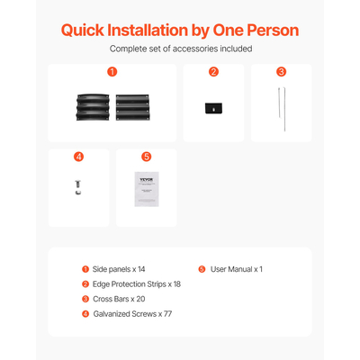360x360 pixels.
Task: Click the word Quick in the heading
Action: tap(83, 31)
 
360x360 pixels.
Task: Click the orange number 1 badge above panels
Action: tap(112, 72)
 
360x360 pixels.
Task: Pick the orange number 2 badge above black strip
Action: tap(213, 72)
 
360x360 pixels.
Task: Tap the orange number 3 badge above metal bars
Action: tap(282, 72)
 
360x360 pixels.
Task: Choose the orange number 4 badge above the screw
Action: tap(78, 157)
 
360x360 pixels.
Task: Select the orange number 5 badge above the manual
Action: tap(147, 157)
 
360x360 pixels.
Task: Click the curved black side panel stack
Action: tap(93, 107)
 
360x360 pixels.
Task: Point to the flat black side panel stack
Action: tap(132, 107)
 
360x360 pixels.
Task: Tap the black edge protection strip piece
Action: tap(213, 108)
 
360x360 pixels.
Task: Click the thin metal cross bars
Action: tap(282, 109)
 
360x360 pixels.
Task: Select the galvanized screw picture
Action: tap(78, 187)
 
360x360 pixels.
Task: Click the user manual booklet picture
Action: tap(147, 189)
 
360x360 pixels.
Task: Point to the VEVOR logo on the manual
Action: tap(147, 180)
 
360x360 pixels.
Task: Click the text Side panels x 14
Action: tap(119, 269)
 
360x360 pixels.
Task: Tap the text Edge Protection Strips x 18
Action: tap(137, 284)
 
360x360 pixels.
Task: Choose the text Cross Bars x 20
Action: tap(119, 299)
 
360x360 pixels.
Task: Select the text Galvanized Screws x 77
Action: tap(132, 314)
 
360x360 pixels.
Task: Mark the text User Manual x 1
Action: tap(237, 269)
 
